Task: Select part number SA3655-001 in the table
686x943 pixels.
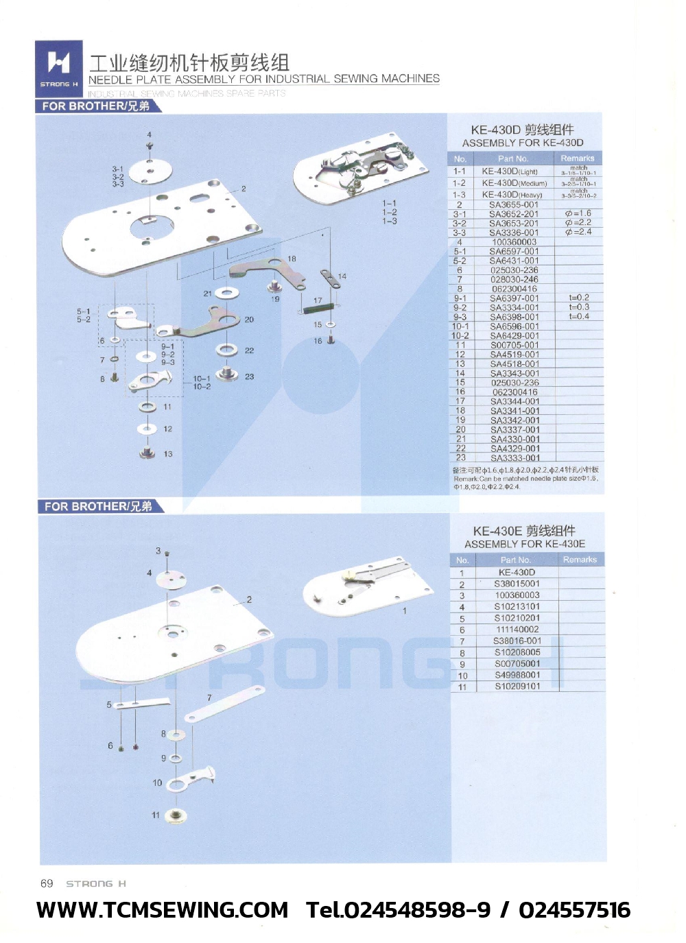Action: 513,204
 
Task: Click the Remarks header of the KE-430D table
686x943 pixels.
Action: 577,158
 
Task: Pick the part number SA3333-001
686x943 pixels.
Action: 514,457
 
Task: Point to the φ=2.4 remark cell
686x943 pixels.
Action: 578,232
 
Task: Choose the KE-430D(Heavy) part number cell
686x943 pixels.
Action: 512,195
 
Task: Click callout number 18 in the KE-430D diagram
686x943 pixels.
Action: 292,259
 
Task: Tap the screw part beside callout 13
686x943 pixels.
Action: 147,453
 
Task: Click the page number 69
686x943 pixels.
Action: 47,883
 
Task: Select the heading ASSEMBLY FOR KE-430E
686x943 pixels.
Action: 525,544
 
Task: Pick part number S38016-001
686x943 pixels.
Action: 517,641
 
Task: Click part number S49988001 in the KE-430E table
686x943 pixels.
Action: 517,675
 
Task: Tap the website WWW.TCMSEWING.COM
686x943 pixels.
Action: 162,910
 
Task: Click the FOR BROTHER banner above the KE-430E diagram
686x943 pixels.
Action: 99,507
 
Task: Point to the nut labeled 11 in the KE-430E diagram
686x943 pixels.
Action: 176,815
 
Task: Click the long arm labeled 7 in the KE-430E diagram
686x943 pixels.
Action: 224,704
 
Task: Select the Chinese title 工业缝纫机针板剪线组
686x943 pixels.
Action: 189,63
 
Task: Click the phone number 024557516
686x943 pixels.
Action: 574,910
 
